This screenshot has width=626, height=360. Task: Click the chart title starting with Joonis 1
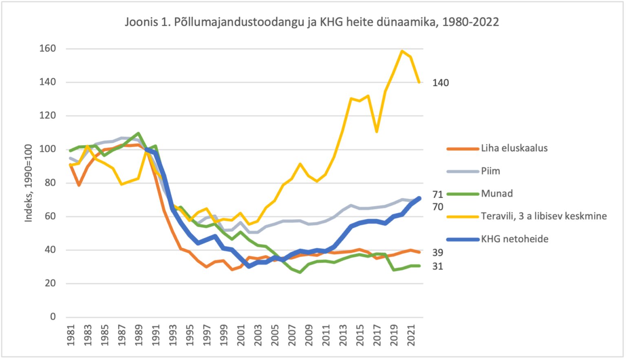312,22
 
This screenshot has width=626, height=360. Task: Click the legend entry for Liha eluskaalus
498,148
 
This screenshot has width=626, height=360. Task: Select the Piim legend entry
474,171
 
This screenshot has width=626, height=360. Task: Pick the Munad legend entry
480,193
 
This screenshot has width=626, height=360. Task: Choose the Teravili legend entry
527,216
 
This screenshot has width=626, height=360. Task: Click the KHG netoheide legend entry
498,239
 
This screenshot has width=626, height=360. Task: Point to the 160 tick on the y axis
48,49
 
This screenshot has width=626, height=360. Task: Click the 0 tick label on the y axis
53,317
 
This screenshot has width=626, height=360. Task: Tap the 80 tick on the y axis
50,183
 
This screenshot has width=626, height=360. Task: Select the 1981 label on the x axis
71,335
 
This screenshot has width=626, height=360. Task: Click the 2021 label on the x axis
411,335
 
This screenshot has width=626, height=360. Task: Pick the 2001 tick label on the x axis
241,335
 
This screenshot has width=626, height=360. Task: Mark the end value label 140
441,83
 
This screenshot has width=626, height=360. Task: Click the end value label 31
438,266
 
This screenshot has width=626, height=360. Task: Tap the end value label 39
438,253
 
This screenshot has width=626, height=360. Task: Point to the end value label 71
438,194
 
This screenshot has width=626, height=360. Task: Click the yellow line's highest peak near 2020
402,51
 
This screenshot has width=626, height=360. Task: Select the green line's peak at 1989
138,133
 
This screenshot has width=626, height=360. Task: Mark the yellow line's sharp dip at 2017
377,132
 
